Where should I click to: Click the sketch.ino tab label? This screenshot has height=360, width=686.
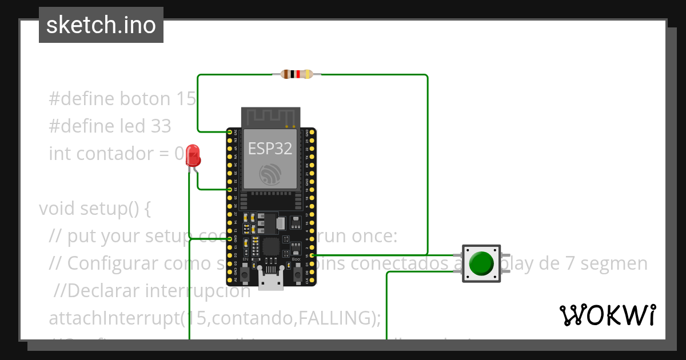tap(101, 25)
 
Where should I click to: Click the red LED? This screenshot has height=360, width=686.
tap(193, 155)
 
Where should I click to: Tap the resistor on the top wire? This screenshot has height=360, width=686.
tap(297, 74)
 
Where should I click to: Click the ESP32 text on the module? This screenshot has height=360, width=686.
tap(270, 149)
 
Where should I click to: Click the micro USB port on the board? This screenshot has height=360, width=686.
tap(270, 281)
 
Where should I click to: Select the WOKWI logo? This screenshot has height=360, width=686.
tap(607, 315)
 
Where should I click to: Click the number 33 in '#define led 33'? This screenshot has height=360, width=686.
tap(161, 126)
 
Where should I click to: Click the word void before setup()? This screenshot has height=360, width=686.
tap(57, 208)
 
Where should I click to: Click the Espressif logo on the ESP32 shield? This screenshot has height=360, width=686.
tap(270, 174)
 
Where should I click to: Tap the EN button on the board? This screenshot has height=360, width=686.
tap(245, 275)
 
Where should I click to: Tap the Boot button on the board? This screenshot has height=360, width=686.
tap(297, 275)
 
